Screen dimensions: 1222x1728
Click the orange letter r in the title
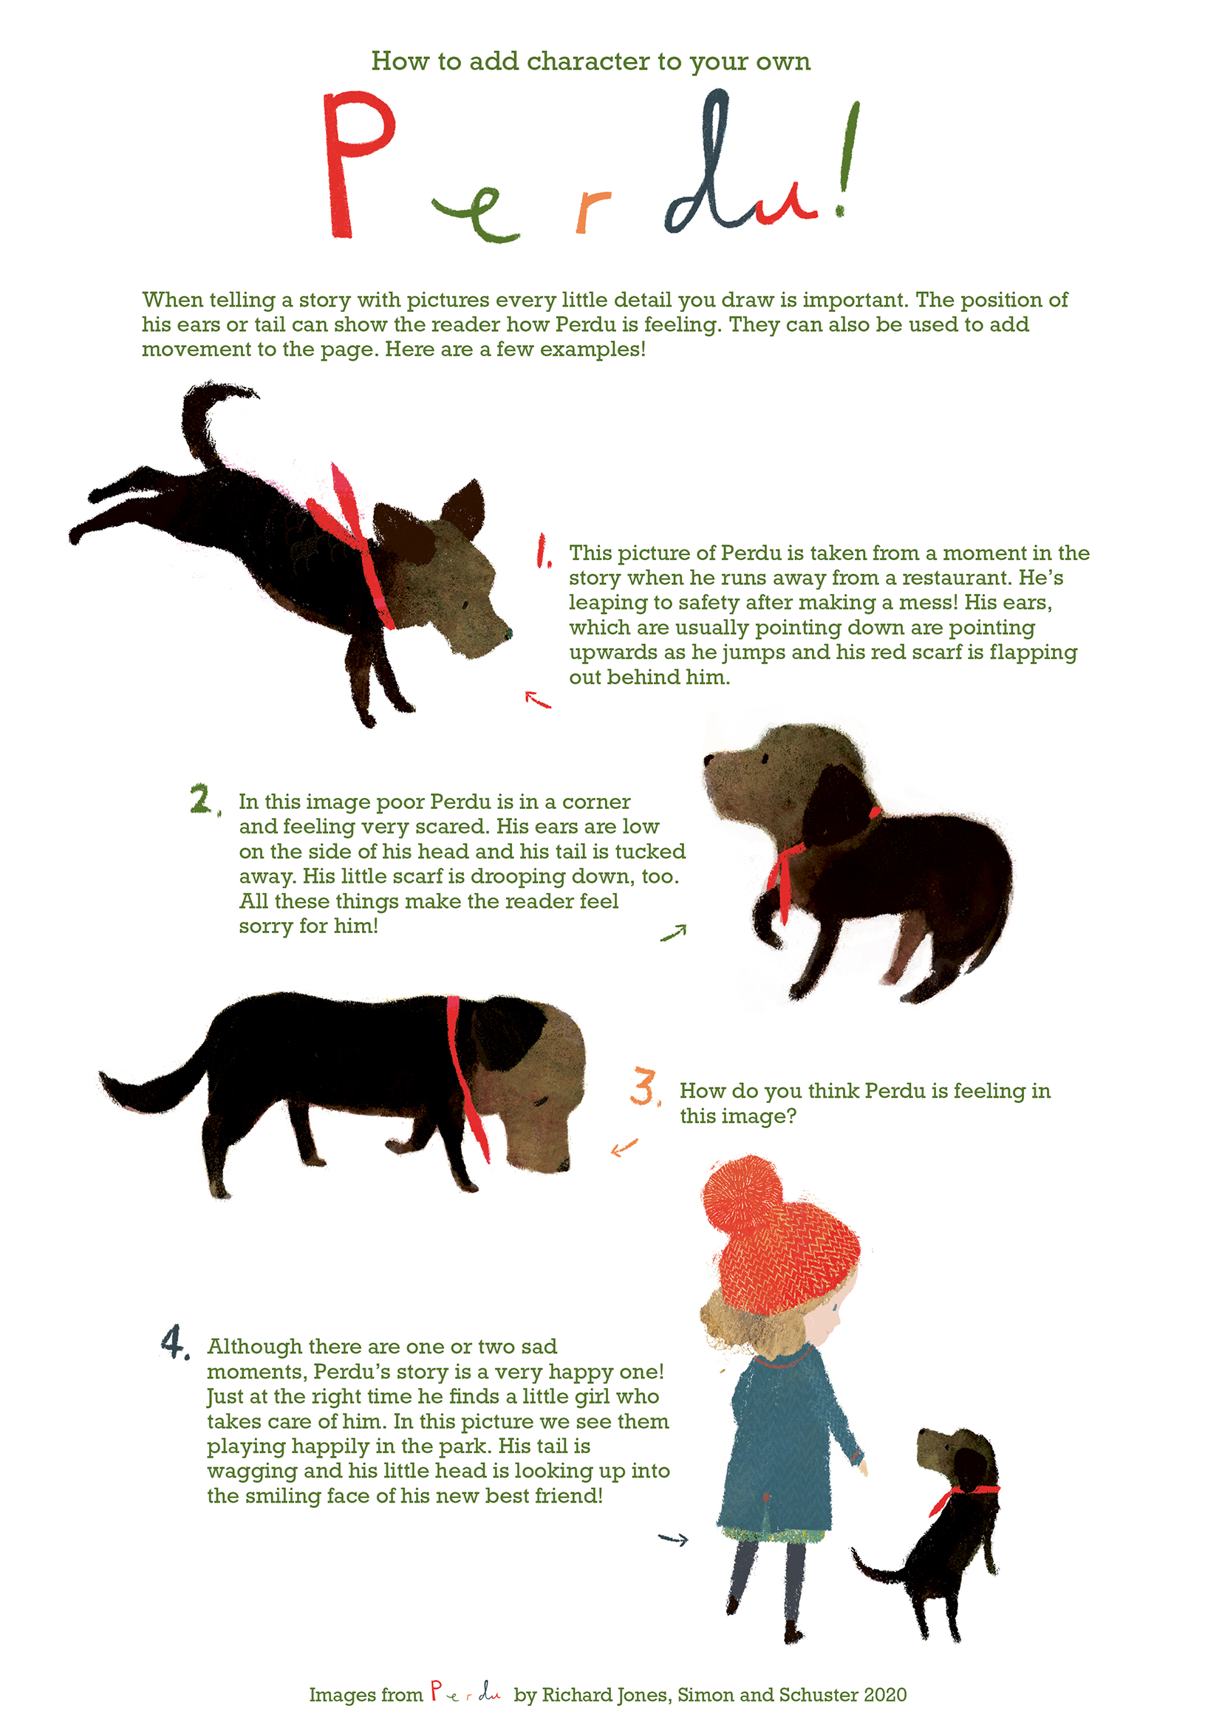click(x=592, y=211)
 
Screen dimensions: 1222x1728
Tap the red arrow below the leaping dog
click(x=537, y=700)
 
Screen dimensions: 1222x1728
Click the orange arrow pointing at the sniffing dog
click(x=624, y=1147)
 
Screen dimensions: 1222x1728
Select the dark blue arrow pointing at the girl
click(x=674, y=1539)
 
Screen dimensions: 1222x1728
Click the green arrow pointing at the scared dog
click(x=674, y=932)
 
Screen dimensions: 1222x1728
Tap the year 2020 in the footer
click(x=885, y=1694)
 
